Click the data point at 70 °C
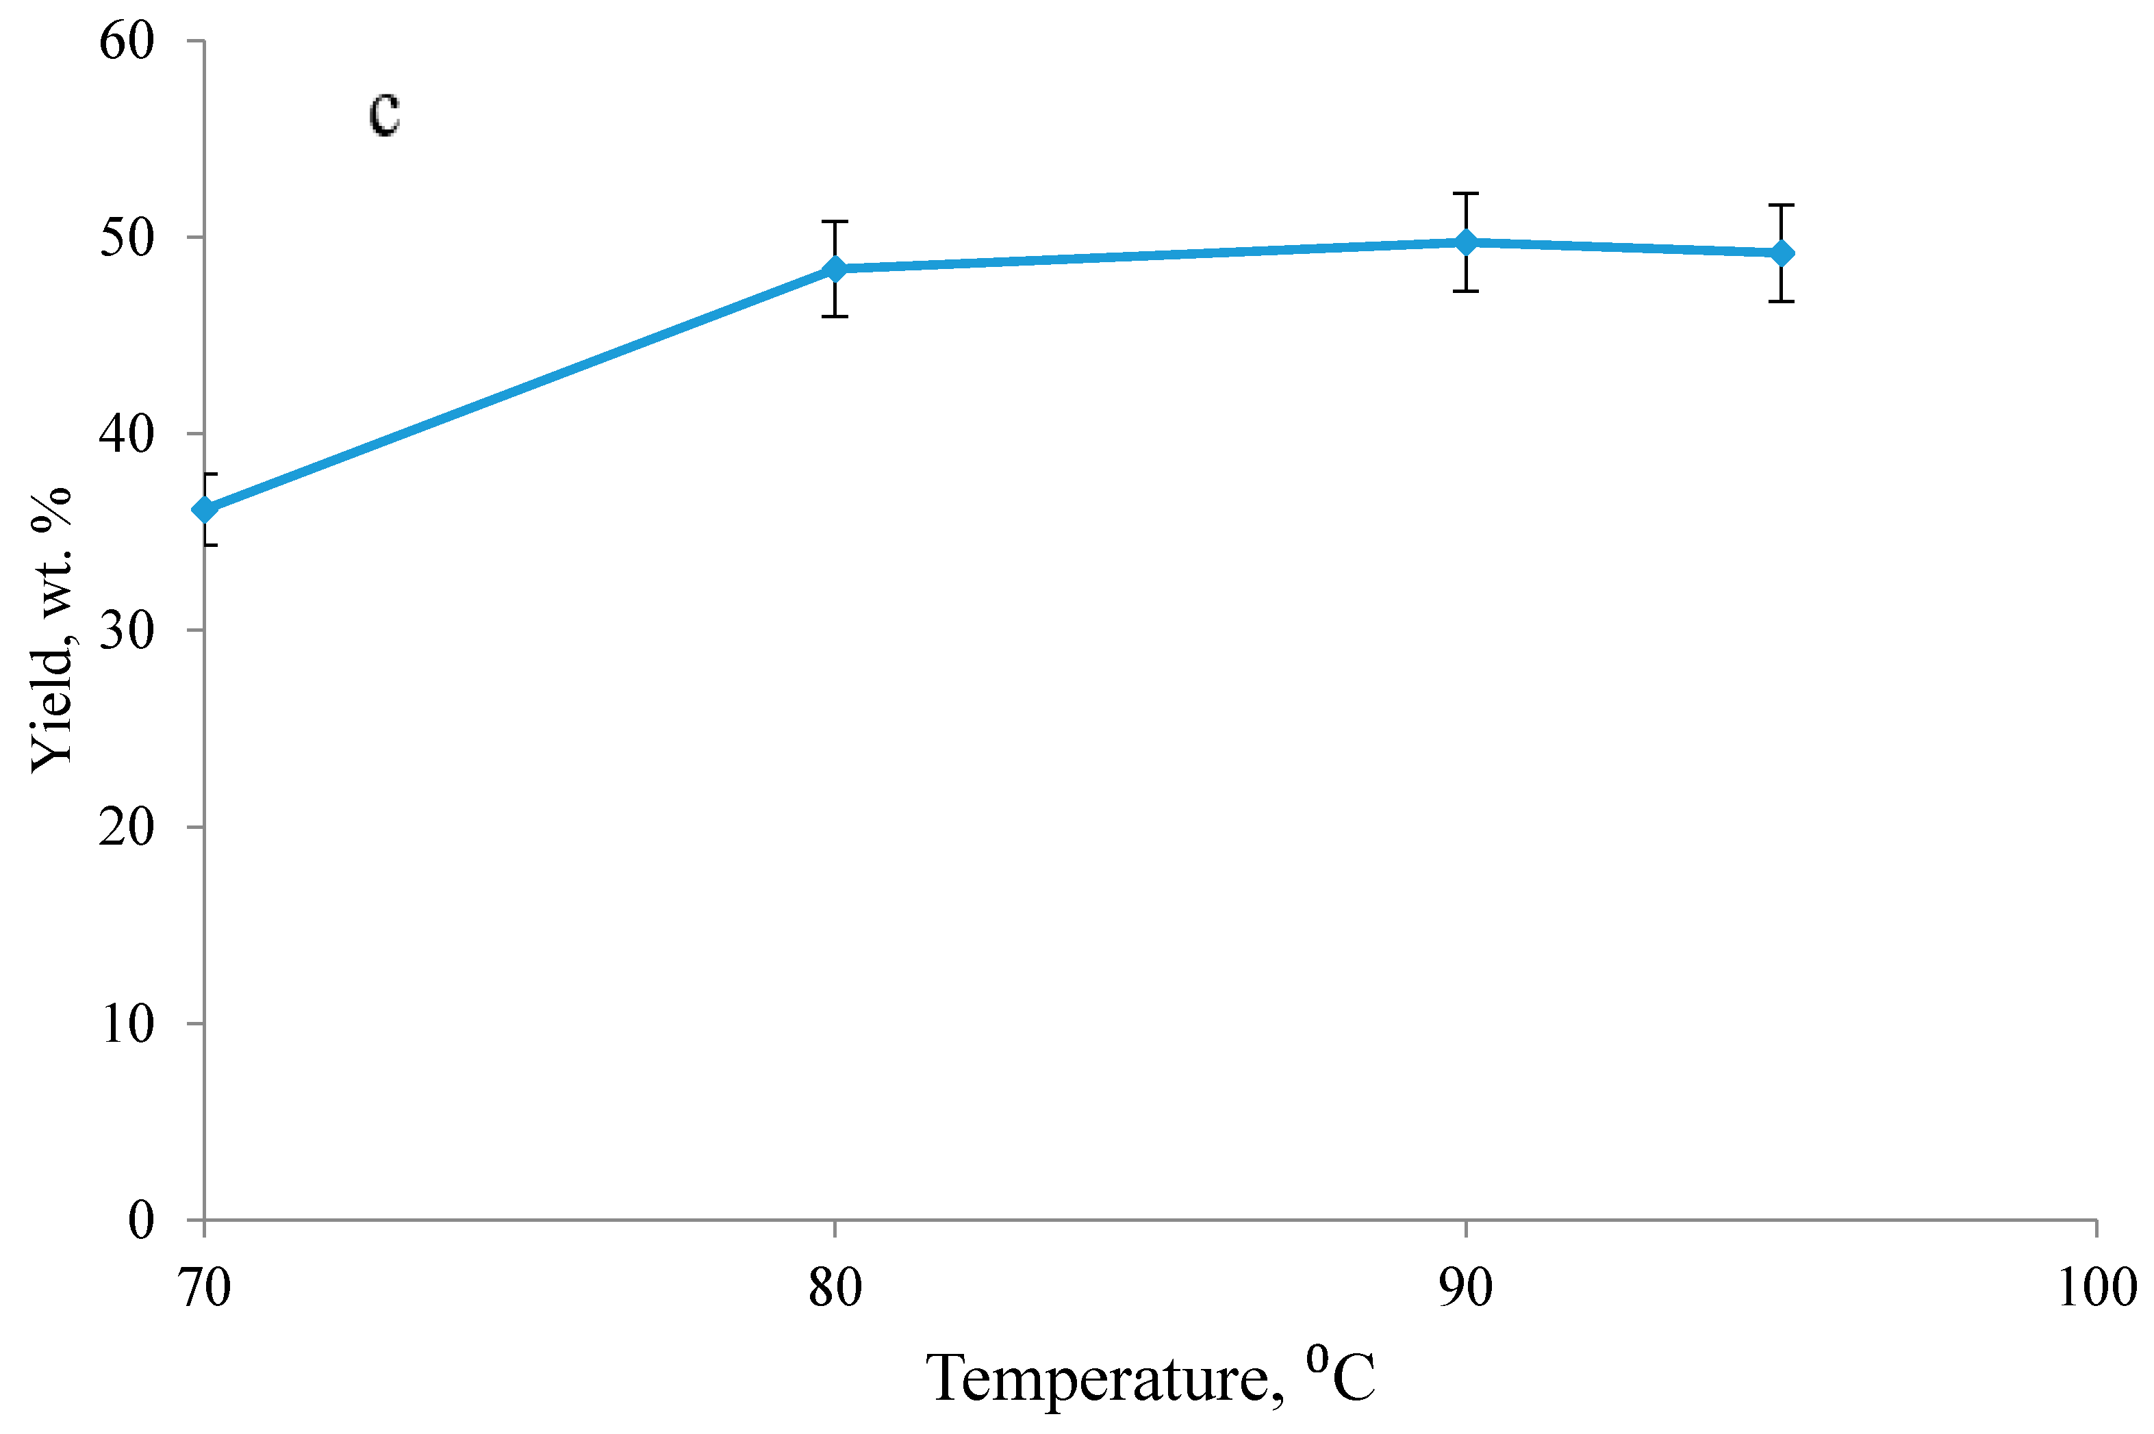coord(205,509)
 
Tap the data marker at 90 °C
coord(1465,242)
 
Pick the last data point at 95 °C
coord(1781,253)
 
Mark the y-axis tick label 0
coord(141,1219)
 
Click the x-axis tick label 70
coord(205,1288)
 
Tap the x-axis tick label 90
coord(1465,1288)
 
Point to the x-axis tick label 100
coord(2096,1288)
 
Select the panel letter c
coord(384,114)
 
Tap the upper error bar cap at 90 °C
coord(1465,194)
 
